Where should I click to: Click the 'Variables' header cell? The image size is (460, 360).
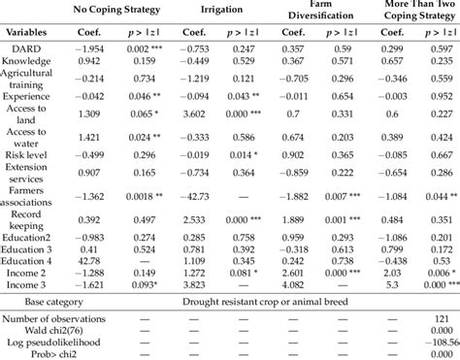[x=34, y=30]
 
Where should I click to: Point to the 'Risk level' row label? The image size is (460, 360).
[x=34, y=154]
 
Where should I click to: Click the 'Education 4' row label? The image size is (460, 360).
[x=34, y=259]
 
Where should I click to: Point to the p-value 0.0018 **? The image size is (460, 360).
[x=150, y=197]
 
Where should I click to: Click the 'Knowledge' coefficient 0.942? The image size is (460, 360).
[x=90, y=60]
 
